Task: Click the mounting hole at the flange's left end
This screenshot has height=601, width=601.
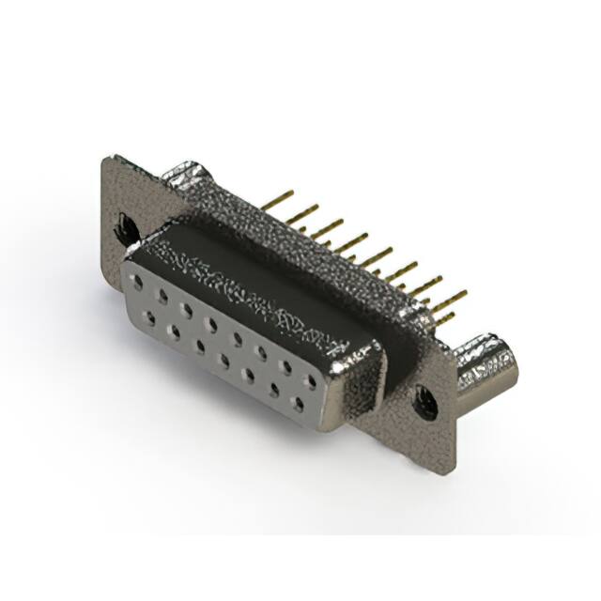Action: click(123, 225)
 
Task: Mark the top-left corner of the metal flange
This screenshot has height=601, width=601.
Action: click(105, 160)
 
